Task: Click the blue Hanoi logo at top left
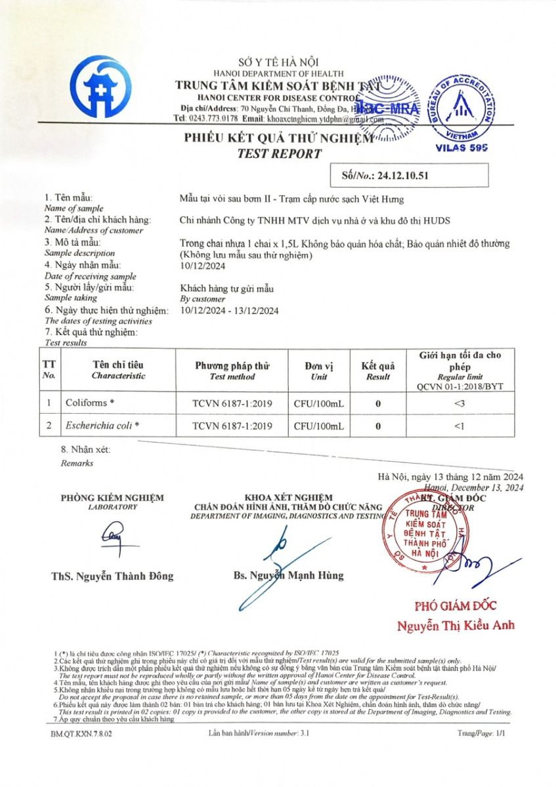(100, 87)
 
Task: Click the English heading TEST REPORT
(279, 154)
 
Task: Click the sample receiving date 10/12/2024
(202, 265)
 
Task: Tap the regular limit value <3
(460, 403)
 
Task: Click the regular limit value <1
(460, 426)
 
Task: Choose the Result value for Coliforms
(378, 403)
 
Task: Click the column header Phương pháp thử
(232, 366)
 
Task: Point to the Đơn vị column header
(318, 366)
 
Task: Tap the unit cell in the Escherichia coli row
(318, 426)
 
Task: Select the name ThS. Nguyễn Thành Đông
(112, 576)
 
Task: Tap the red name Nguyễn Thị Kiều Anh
(456, 626)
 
